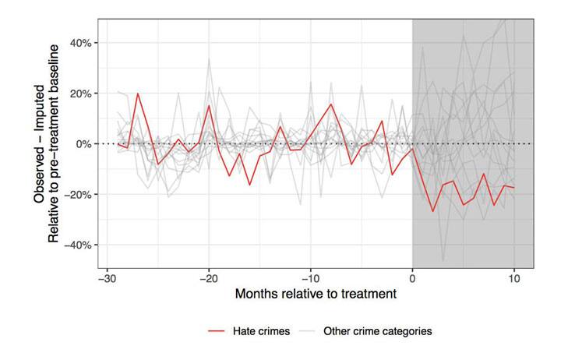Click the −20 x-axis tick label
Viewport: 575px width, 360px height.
tap(209, 278)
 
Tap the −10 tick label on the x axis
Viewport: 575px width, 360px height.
tap(310, 278)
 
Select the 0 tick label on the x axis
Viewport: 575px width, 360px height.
tap(412, 278)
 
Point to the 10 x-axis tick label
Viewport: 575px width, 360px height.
tap(513, 278)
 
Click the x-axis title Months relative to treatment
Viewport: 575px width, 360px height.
tap(318, 295)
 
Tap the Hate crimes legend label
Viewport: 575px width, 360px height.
tap(262, 331)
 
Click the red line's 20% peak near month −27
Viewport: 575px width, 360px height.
tap(138, 94)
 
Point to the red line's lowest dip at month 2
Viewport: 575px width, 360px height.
tap(433, 211)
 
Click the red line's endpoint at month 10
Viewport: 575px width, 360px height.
tap(514, 188)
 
